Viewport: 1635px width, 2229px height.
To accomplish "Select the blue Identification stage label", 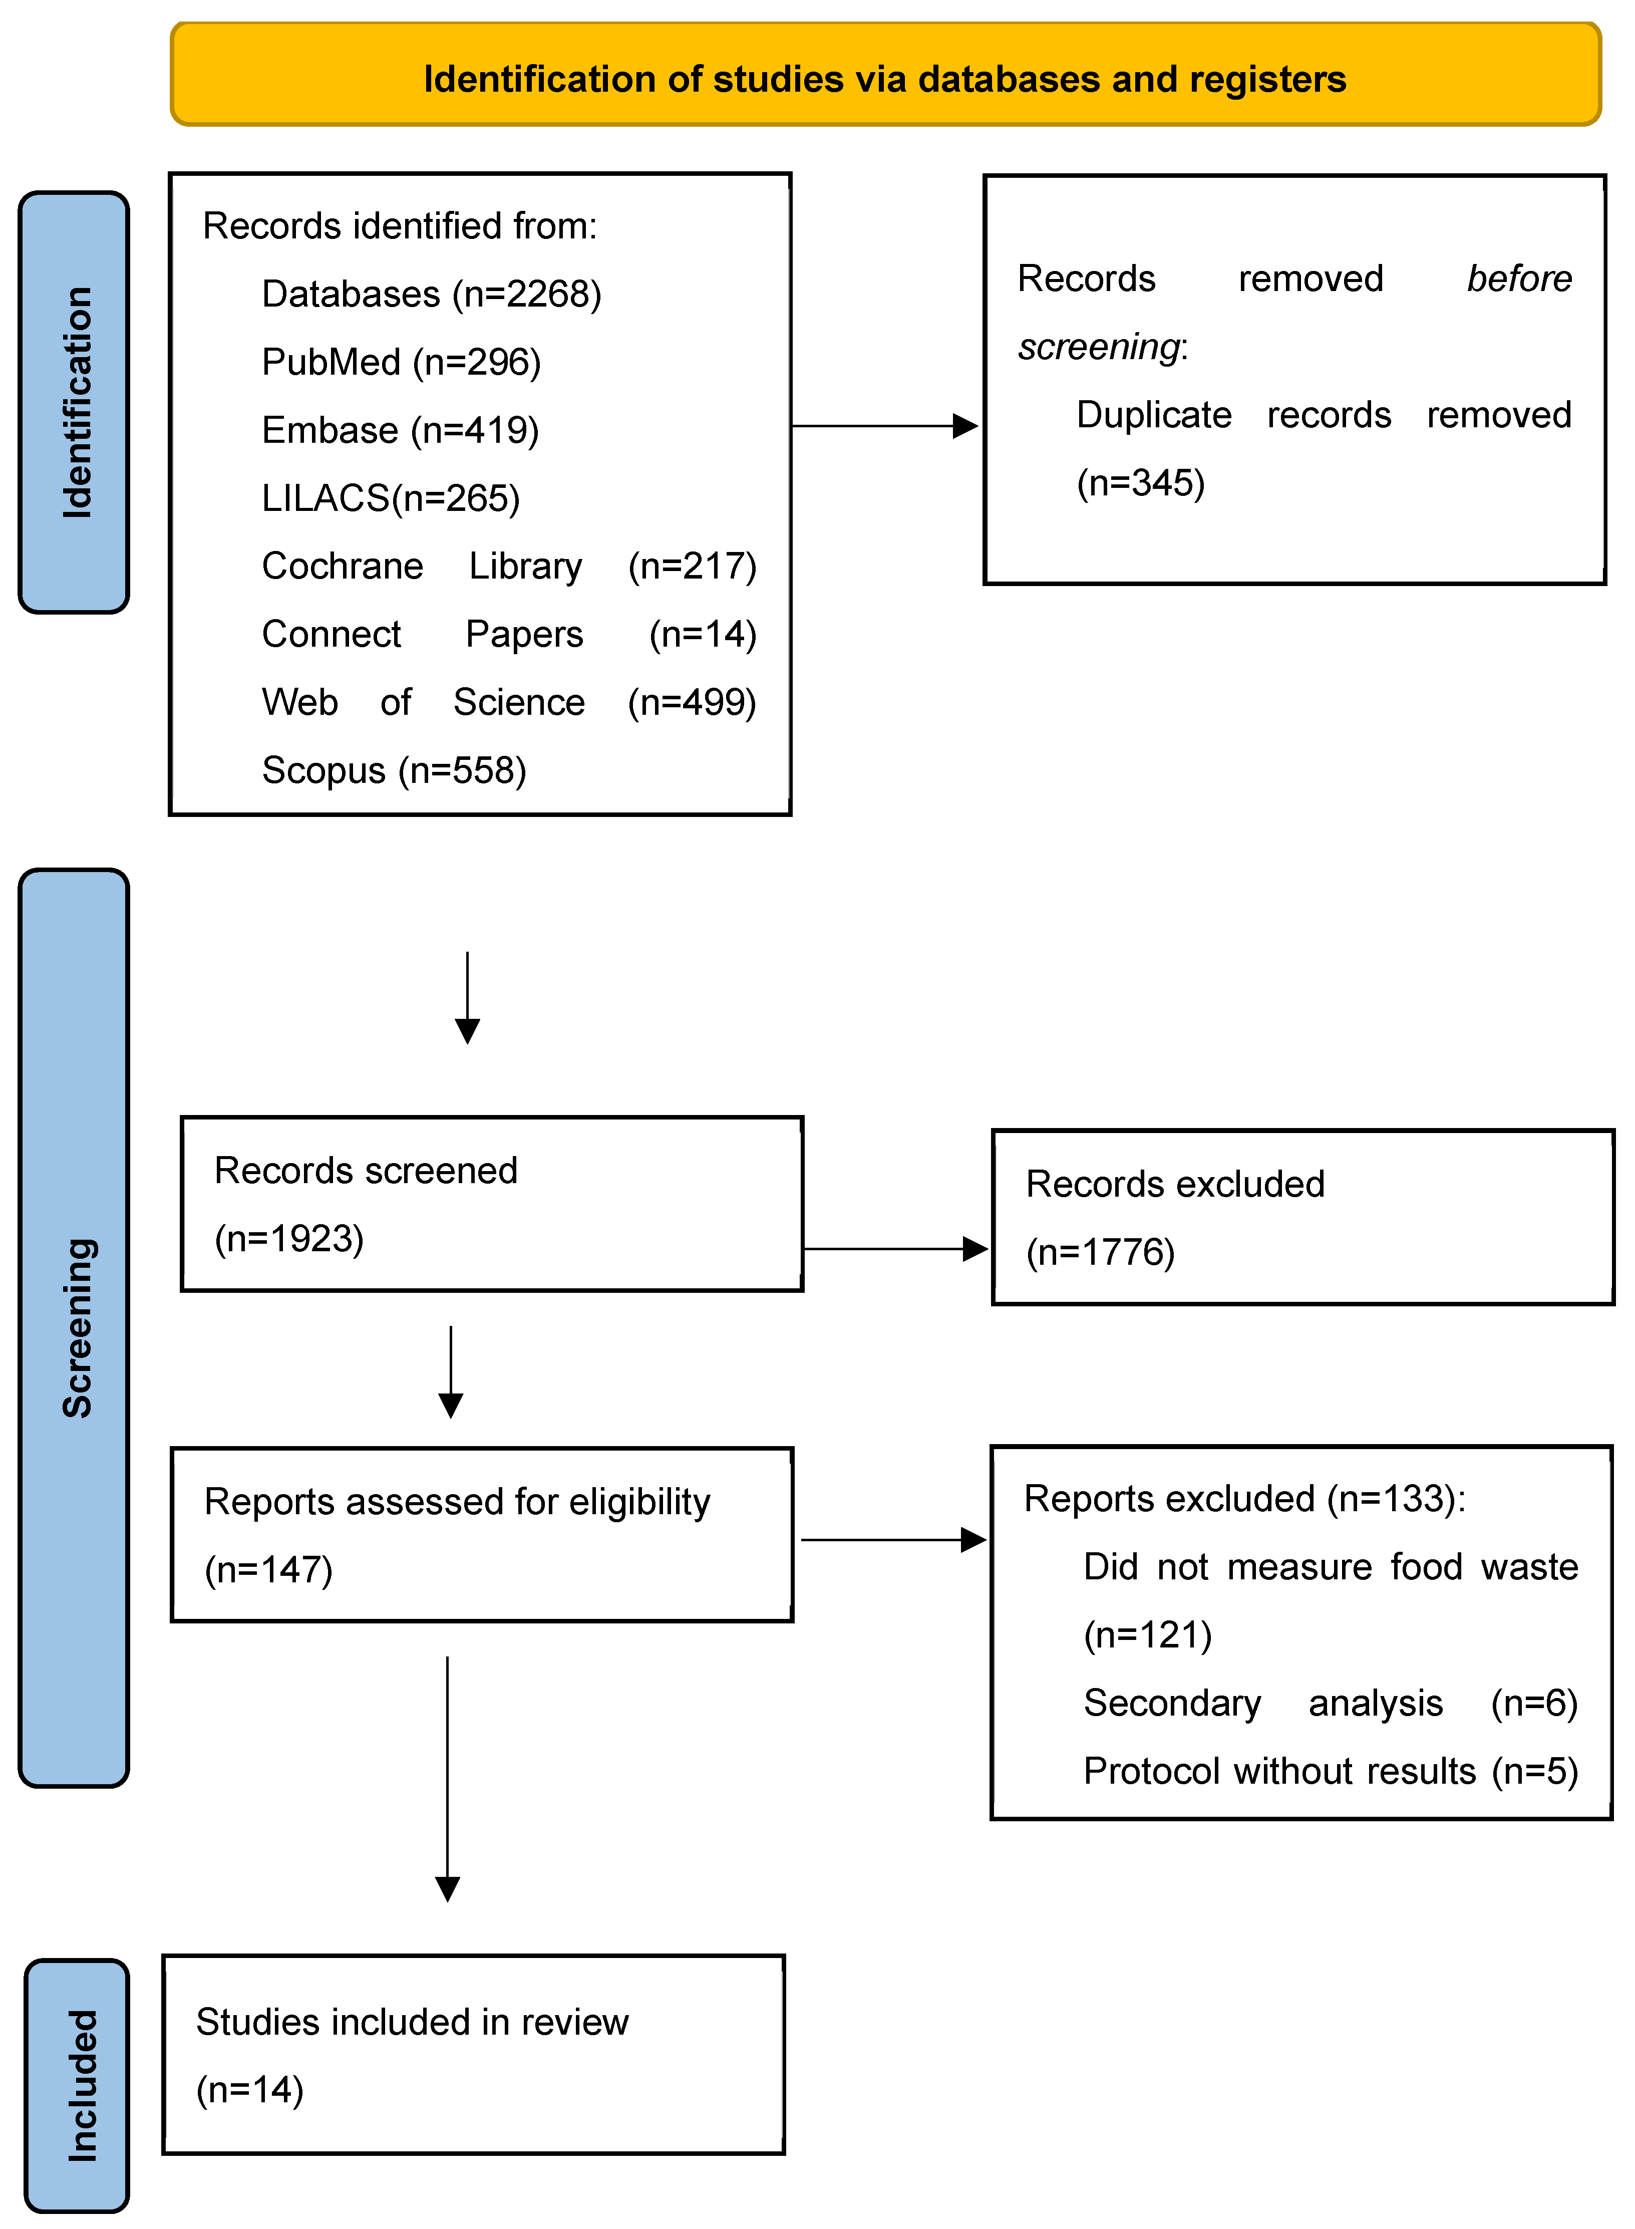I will pos(74,402).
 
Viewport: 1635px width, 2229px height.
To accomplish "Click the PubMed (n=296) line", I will pos(401,362).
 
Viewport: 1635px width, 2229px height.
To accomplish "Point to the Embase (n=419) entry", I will pos(400,431).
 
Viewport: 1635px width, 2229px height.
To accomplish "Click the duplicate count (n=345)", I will pos(1140,483).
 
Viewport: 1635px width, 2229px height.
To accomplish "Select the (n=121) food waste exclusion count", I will pos(1147,1635).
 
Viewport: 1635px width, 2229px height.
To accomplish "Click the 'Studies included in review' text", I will pos(412,2022).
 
